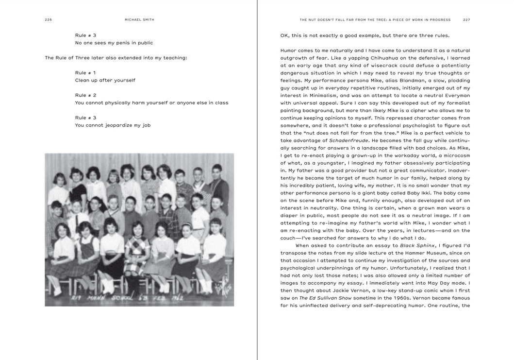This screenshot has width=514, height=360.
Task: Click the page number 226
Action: pos(48,20)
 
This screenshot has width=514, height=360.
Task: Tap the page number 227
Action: pos(466,20)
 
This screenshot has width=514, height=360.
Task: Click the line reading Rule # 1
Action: pos(85,72)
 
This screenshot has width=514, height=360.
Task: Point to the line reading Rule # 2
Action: pos(85,95)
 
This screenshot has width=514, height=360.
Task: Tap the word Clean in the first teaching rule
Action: pos(83,80)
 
